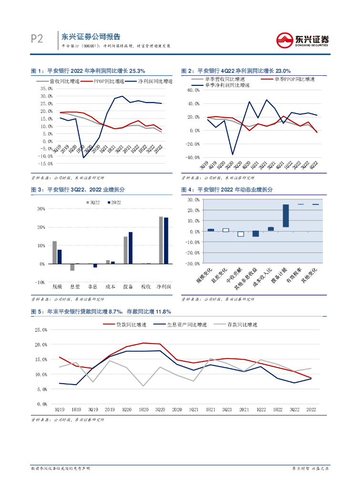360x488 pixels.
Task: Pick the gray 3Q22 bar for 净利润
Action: tap(161, 240)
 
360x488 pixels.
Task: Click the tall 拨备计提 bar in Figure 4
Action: tap(286, 216)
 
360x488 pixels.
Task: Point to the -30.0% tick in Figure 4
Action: tap(193, 264)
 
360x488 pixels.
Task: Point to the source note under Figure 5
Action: tap(67, 420)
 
